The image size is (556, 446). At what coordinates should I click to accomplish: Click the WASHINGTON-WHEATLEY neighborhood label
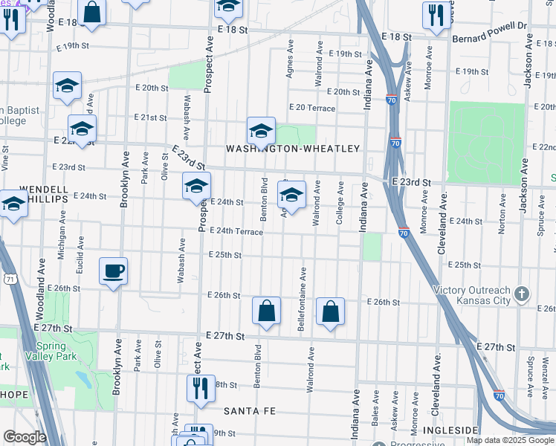point(293,149)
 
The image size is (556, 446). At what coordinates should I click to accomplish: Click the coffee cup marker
point(113,271)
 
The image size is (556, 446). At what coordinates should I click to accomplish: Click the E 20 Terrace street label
point(312,109)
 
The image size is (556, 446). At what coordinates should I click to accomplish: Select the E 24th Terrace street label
point(236,232)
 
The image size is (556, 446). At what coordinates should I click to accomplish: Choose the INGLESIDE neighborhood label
point(450,430)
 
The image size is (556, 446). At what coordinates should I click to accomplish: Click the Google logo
point(25,437)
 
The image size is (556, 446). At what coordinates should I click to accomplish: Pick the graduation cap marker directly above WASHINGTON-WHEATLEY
point(261,131)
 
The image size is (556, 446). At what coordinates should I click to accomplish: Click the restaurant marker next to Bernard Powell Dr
point(433,14)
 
